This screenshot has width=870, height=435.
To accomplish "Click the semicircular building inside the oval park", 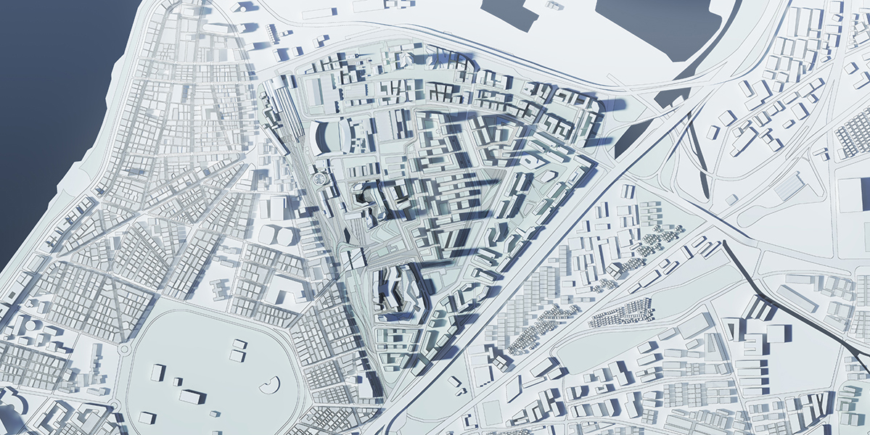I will pyautogui.click(x=271, y=385).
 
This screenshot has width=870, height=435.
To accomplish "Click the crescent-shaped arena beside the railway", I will pyautogui.click(x=320, y=138).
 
